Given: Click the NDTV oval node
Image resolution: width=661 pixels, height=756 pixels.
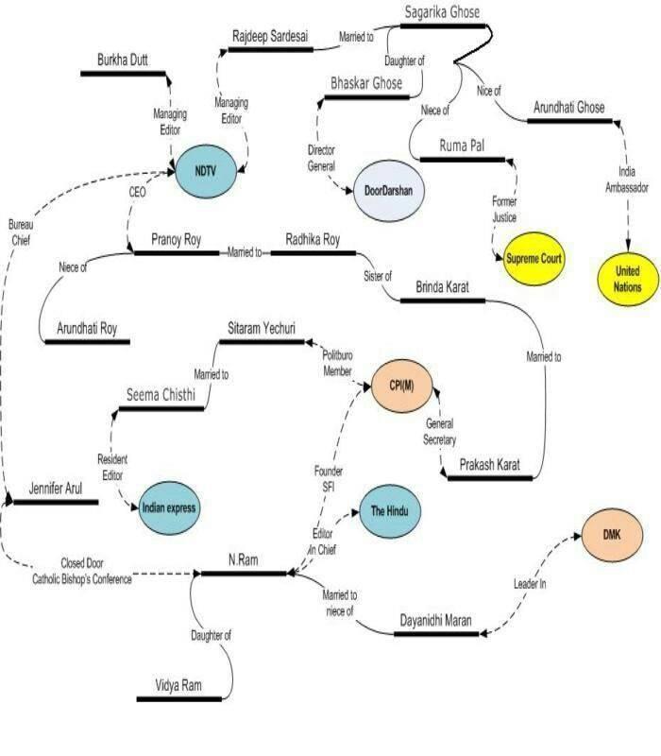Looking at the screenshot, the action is (206, 171).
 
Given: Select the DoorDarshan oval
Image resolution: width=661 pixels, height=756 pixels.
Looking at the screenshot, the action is (389, 191).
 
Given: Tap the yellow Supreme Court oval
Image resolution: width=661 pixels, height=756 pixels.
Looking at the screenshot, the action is (534, 259).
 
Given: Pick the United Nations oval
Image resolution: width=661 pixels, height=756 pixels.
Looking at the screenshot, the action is (627, 279).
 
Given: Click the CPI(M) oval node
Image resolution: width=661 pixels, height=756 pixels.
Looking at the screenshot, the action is (402, 386).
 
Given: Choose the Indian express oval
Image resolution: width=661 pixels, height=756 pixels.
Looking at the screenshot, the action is (169, 507).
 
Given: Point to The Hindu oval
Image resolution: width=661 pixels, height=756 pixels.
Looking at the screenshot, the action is (390, 511).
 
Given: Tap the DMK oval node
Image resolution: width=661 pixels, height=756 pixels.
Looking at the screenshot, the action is (612, 535).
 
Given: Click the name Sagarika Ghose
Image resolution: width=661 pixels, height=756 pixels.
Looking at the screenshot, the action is (442, 12).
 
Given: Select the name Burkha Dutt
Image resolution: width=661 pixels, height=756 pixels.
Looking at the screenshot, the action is (123, 60).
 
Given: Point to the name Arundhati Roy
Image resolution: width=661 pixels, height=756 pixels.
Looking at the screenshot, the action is (87, 329).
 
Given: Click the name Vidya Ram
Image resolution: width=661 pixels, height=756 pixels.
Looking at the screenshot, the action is (178, 685).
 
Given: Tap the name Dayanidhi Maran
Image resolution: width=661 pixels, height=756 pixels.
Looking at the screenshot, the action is (435, 621).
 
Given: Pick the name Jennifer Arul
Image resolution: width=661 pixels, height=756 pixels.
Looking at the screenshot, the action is (56, 489).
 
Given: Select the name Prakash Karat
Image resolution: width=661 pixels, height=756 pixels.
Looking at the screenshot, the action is (489, 465).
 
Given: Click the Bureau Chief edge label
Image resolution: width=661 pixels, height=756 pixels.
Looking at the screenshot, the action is (21, 232).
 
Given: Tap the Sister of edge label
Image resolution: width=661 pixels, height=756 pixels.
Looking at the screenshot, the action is (378, 276).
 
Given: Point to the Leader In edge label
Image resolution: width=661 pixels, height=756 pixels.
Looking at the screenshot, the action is (530, 584).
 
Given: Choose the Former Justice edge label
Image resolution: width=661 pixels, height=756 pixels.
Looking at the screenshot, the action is (504, 209).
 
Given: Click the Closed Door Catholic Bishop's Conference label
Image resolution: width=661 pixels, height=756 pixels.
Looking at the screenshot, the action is (82, 572).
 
